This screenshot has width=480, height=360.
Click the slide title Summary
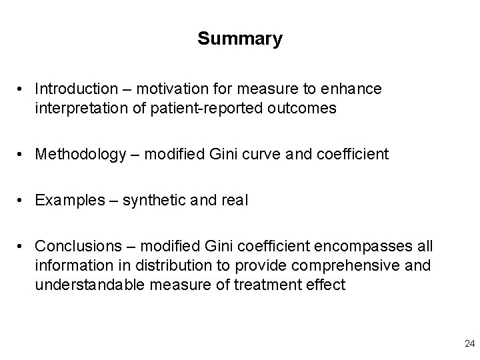click(x=240, y=39)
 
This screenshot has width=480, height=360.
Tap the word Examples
click(x=65, y=201)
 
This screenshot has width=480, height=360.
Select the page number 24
click(x=469, y=343)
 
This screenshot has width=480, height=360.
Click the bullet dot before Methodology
click(x=23, y=155)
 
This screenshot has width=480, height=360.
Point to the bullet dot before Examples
click(x=23, y=201)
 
